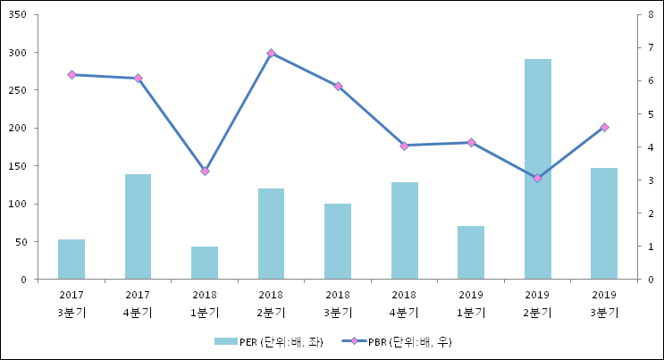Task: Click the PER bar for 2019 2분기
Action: [x=537, y=170]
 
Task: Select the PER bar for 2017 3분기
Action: [x=71, y=259]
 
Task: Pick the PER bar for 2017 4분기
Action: [x=138, y=227]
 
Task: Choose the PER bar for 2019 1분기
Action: [x=471, y=253]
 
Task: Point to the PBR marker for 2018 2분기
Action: [x=271, y=54]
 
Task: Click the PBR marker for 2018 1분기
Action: [x=205, y=171]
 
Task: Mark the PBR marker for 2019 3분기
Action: [x=604, y=128]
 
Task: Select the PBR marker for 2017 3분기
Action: [x=71, y=75]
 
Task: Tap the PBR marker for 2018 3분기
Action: [x=338, y=87]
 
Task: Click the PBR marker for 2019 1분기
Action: [x=471, y=143]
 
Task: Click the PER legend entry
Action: [x=268, y=341]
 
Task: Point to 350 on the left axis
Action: [x=17, y=15]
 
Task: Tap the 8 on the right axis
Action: [x=651, y=15]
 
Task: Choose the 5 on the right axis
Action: [x=651, y=114]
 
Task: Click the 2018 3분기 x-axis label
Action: [x=338, y=303]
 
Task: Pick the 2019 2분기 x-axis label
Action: [x=537, y=303]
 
